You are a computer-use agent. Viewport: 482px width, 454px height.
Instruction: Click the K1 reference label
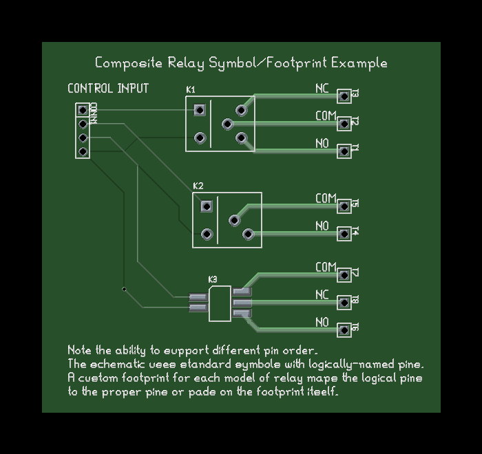pos(191,90)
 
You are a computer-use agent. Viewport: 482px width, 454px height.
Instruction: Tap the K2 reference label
pos(198,186)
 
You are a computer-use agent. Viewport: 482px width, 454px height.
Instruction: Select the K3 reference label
pos(213,279)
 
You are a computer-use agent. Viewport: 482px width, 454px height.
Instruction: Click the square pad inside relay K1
pos(200,110)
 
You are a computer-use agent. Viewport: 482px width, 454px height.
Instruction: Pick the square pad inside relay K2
pos(206,206)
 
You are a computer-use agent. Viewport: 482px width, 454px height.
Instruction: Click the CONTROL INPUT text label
pos(108,89)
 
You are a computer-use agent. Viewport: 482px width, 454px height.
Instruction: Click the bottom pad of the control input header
pos(83,151)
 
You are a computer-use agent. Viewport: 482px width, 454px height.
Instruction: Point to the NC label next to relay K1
pos(322,89)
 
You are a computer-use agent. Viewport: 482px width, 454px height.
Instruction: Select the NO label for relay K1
pos(322,144)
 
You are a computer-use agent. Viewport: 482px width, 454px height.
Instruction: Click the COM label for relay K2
pos(326,199)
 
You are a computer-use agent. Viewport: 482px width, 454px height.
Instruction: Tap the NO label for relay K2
pos(322,226)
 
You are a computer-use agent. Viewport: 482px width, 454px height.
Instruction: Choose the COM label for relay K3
pos(326,268)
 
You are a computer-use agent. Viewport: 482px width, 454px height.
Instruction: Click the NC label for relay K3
pos(322,295)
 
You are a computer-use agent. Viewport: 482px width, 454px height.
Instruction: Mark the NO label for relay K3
pos(322,323)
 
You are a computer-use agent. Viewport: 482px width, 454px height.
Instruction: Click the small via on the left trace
pos(124,289)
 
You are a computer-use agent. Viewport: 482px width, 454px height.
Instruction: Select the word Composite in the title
pos(129,63)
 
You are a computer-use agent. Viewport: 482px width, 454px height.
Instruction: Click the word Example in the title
pos(359,63)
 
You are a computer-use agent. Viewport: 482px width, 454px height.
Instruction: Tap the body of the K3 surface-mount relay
pos(220,303)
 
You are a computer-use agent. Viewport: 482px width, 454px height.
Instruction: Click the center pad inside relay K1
pos(227,124)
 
